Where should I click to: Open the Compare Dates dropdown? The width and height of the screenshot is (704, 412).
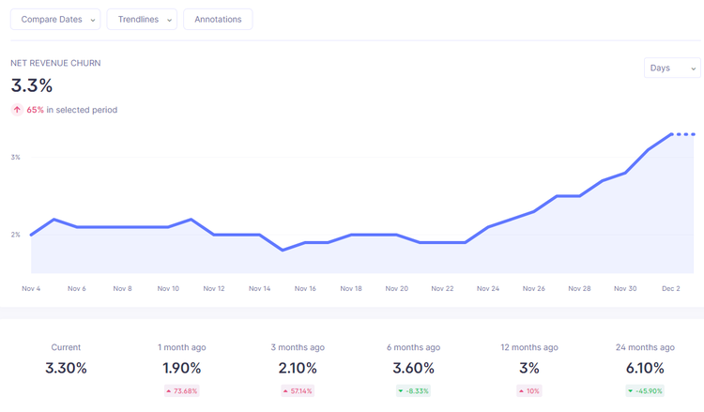pyautogui.click(x=55, y=20)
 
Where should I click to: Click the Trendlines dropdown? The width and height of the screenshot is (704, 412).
pyautogui.click(x=142, y=20)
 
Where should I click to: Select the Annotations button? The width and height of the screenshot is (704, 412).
pyautogui.click(x=218, y=20)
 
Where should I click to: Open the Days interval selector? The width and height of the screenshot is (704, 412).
pyautogui.click(x=672, y=68)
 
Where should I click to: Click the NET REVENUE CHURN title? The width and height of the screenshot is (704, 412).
pyautogui.click(x=55, y=63)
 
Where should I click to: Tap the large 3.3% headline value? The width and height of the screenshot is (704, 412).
pyautogui.click(x=31, y=85)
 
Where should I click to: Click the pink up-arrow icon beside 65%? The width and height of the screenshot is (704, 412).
pyautogui.click(x=17, y=110)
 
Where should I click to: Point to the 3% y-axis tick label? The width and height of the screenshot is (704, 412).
pyautogui.click(x=16, y=157)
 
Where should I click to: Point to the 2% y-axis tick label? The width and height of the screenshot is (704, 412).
pyautogui.click(x=16, y=235)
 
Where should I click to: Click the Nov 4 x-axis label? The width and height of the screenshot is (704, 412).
pyautogui.click(x=31, y=288)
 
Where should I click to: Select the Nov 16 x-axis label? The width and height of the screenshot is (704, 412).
pyautogui.click(x=305, y=288)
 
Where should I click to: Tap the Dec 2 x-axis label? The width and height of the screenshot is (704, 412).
pyautogui.click(x=671, y=288)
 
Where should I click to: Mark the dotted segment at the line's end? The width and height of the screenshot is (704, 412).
pyautogui.click(x=683, y=134)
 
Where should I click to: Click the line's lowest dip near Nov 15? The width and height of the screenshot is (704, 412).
pyautogui.click(x=283, y=250)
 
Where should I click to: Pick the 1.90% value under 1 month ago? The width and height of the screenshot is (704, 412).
pyautogui.click(x=182, y=368)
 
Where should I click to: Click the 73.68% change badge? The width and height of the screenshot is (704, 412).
pyautogui.click(x=182, y=391)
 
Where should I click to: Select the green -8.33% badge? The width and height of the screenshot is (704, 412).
pyautogui.click(x=414, y=391)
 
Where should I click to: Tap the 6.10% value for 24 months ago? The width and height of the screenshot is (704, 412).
pyautogui.click(x=645, y=368)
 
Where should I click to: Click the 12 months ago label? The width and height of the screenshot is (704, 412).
pyautogui.click(x=529, y=347)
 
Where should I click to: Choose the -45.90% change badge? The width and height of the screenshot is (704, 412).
pyautogui.click(x=645, y=391)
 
